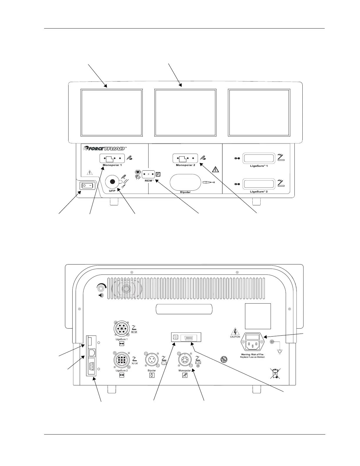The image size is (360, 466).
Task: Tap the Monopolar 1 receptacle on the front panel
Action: (112, 159)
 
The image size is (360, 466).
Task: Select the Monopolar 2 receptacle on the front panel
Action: (185, 159)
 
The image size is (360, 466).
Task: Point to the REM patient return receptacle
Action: (148, 174)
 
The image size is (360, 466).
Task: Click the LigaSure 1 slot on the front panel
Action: (259, 159)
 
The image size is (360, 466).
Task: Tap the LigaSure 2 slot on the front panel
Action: (259, 184)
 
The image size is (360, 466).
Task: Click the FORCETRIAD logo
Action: (105, 148)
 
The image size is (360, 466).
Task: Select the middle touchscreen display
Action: (185, 113)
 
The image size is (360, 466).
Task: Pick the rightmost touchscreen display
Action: (259, 113)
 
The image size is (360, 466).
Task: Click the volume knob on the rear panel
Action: (101, 287)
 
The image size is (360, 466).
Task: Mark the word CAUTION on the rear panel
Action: (235, 337)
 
